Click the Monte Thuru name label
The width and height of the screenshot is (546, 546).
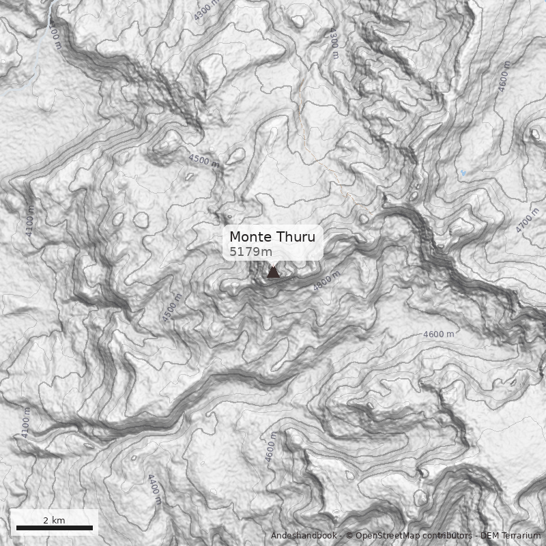click(272, 238)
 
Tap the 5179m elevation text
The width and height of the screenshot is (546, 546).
click(250, 252)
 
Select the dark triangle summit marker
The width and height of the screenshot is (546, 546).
click(273, 272)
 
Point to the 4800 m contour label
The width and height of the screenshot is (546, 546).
click(326, 281)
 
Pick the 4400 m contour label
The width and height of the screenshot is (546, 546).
click(154, 489)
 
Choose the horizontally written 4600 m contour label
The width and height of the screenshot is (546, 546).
click(438, 334)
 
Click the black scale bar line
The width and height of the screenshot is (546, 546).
click(54, 528)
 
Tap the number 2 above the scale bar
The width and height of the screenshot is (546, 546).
click(46, 520)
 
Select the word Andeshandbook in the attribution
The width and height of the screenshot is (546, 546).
click(303, 536)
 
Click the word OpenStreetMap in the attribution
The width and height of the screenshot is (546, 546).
click(387, 536)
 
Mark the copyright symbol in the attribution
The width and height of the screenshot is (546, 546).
click(349, 536)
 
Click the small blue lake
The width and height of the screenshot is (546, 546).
click(464, 174)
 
